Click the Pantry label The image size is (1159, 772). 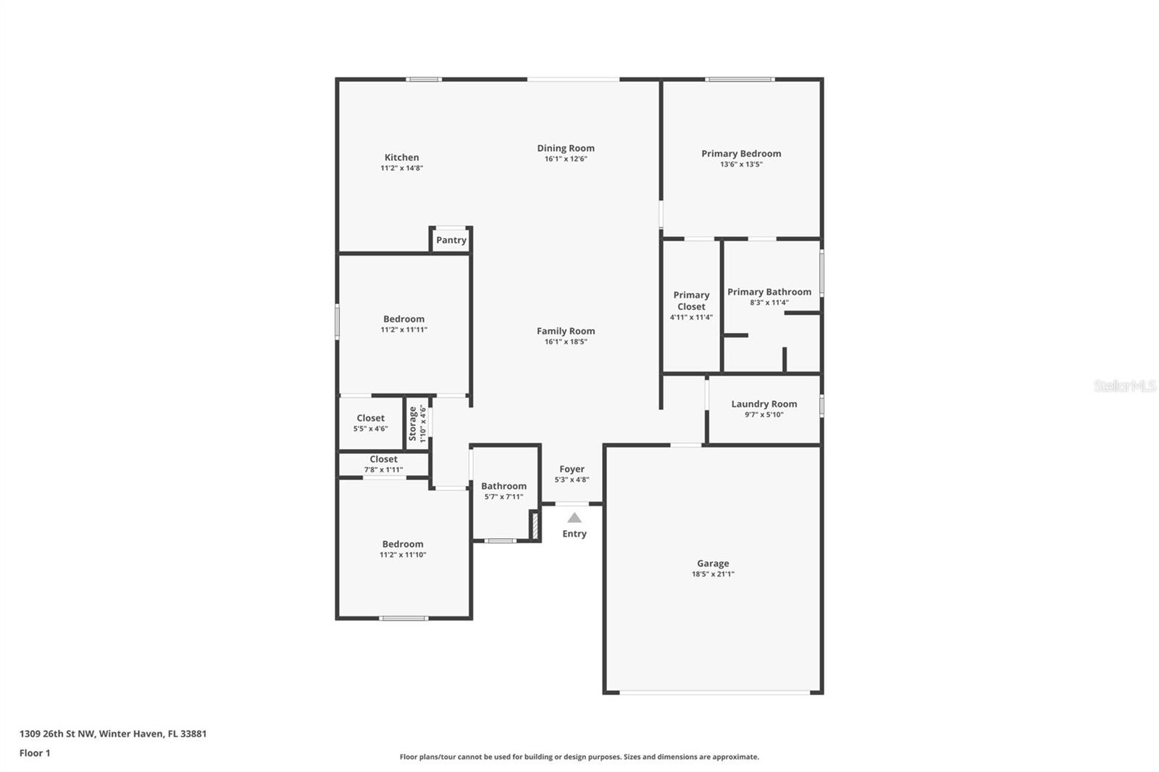(451, 240)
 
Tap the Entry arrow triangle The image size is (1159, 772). (574, 518)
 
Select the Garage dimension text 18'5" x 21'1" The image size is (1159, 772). (713, 574)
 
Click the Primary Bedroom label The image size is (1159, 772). (741, 154)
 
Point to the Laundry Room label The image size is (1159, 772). (763, 404)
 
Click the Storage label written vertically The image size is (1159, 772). (413, 423)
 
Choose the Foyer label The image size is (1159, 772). (572, 469)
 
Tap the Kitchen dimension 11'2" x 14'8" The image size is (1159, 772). (401, 168)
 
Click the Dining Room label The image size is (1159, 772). (566, 148)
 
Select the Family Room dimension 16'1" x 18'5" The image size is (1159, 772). (566, 342)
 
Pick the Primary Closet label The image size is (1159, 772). (691, 301)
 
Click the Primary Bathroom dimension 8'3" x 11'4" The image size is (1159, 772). (769, 303)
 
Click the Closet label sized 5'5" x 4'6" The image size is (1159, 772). (370, 418)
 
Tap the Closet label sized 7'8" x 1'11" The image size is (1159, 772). (383, 459)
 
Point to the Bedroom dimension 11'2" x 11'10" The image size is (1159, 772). (403, 555)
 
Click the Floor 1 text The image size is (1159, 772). (35, 753)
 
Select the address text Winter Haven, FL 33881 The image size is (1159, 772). (153, 734)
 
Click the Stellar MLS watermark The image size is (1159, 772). (1124, 386)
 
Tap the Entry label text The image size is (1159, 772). (574, 534)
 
